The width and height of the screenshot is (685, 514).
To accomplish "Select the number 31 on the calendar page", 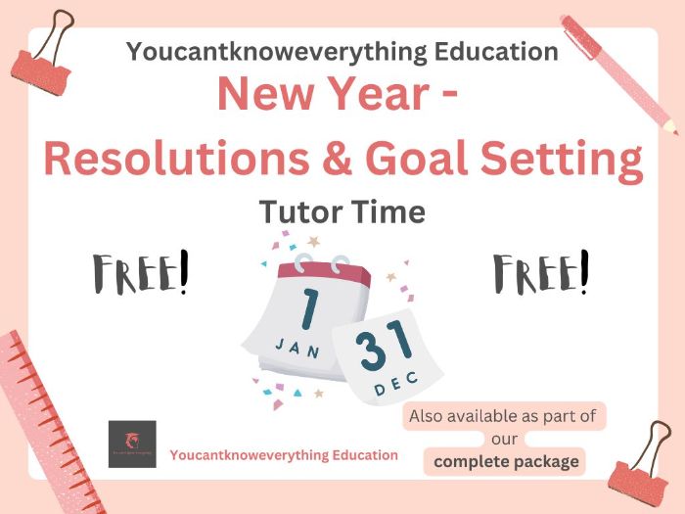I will click(385, 350).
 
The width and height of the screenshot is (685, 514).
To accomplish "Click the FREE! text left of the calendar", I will click(140, 273).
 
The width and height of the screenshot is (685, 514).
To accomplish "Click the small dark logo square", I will click(132, 444).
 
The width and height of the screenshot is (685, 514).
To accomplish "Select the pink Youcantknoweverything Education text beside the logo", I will click(284, 455).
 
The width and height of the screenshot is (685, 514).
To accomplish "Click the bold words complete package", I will click(507, 461).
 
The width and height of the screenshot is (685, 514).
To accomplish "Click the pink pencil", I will click(620, 70).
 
